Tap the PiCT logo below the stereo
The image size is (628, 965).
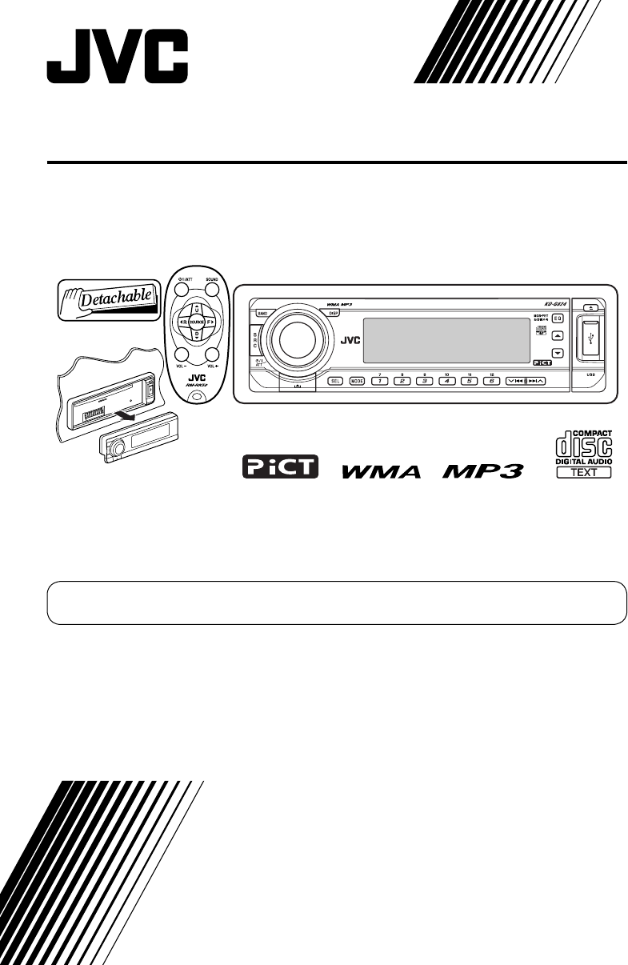coord(280,467)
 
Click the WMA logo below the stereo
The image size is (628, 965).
coord(381,471)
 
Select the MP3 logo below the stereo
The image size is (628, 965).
coord(482,470)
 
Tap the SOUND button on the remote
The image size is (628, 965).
coord(211,288)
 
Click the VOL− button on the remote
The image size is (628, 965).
coord(182,355)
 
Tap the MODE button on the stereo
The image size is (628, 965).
coord(357,381)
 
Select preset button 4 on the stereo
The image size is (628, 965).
coord(442,381)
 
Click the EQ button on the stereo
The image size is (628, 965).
coord(558,319)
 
